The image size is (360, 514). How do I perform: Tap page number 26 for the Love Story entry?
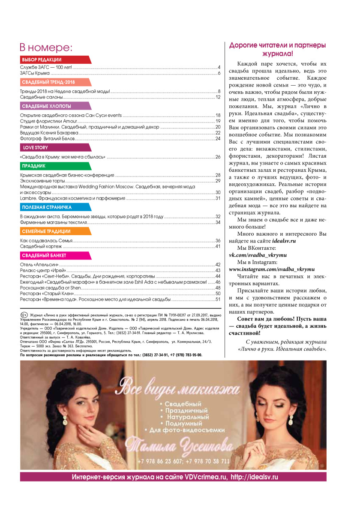coord(218,157)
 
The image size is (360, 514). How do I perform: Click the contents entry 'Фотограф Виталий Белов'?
coord(48,139)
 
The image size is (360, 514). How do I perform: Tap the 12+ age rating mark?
coord(24,315)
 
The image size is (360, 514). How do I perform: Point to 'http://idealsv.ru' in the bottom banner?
coord(255,477)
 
